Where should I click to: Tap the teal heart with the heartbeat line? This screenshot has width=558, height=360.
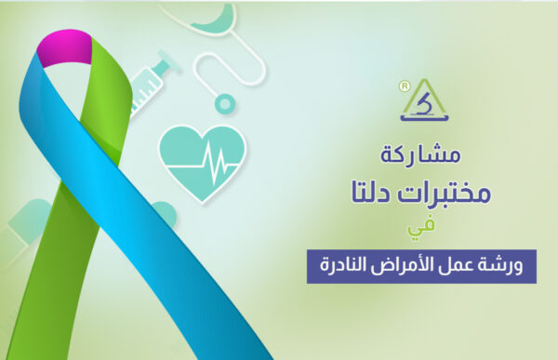(202, 154)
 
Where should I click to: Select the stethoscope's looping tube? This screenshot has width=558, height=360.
(209, 60)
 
